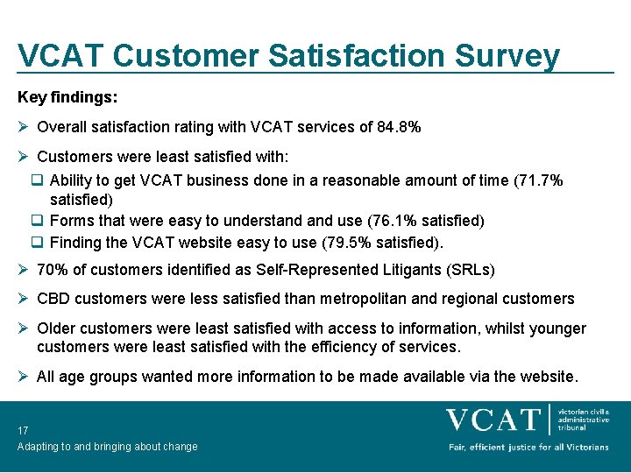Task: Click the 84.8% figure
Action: click(x=399, y=127)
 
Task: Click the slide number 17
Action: click(x=23, y=430)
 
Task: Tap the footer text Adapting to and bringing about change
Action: click(x=107, y=447)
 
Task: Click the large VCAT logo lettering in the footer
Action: click(x=493, y=420)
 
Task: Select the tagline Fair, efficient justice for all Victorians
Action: click(x=528, y=448)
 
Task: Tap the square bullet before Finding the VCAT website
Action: click(x=38, y=242)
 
